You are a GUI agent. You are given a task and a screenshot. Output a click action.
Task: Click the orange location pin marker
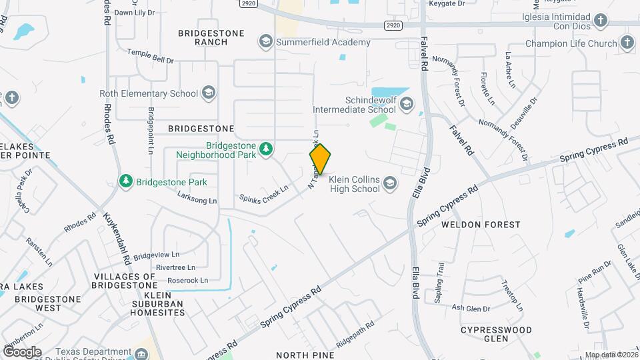point(321,159)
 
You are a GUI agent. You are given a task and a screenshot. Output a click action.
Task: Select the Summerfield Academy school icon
point(266,42)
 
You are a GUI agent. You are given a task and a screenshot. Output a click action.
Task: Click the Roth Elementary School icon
point(208,93)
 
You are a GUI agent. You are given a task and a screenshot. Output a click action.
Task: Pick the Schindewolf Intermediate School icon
point(407,103)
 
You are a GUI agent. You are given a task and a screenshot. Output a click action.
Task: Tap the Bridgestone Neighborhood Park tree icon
point(266,148)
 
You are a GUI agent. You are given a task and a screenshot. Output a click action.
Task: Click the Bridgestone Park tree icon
point(125,181)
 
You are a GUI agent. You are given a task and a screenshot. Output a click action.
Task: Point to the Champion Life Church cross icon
point(627,43)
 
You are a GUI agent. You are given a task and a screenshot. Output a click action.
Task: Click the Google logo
point(22,351)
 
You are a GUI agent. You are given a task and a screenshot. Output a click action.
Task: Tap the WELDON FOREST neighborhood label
point(480,225)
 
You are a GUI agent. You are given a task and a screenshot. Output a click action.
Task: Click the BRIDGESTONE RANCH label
point(202,37)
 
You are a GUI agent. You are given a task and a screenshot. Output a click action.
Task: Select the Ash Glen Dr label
point(471,308)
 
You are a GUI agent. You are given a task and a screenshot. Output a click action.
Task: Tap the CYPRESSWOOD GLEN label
point(497,335)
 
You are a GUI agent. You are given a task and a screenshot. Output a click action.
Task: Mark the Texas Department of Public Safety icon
point(141,353)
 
